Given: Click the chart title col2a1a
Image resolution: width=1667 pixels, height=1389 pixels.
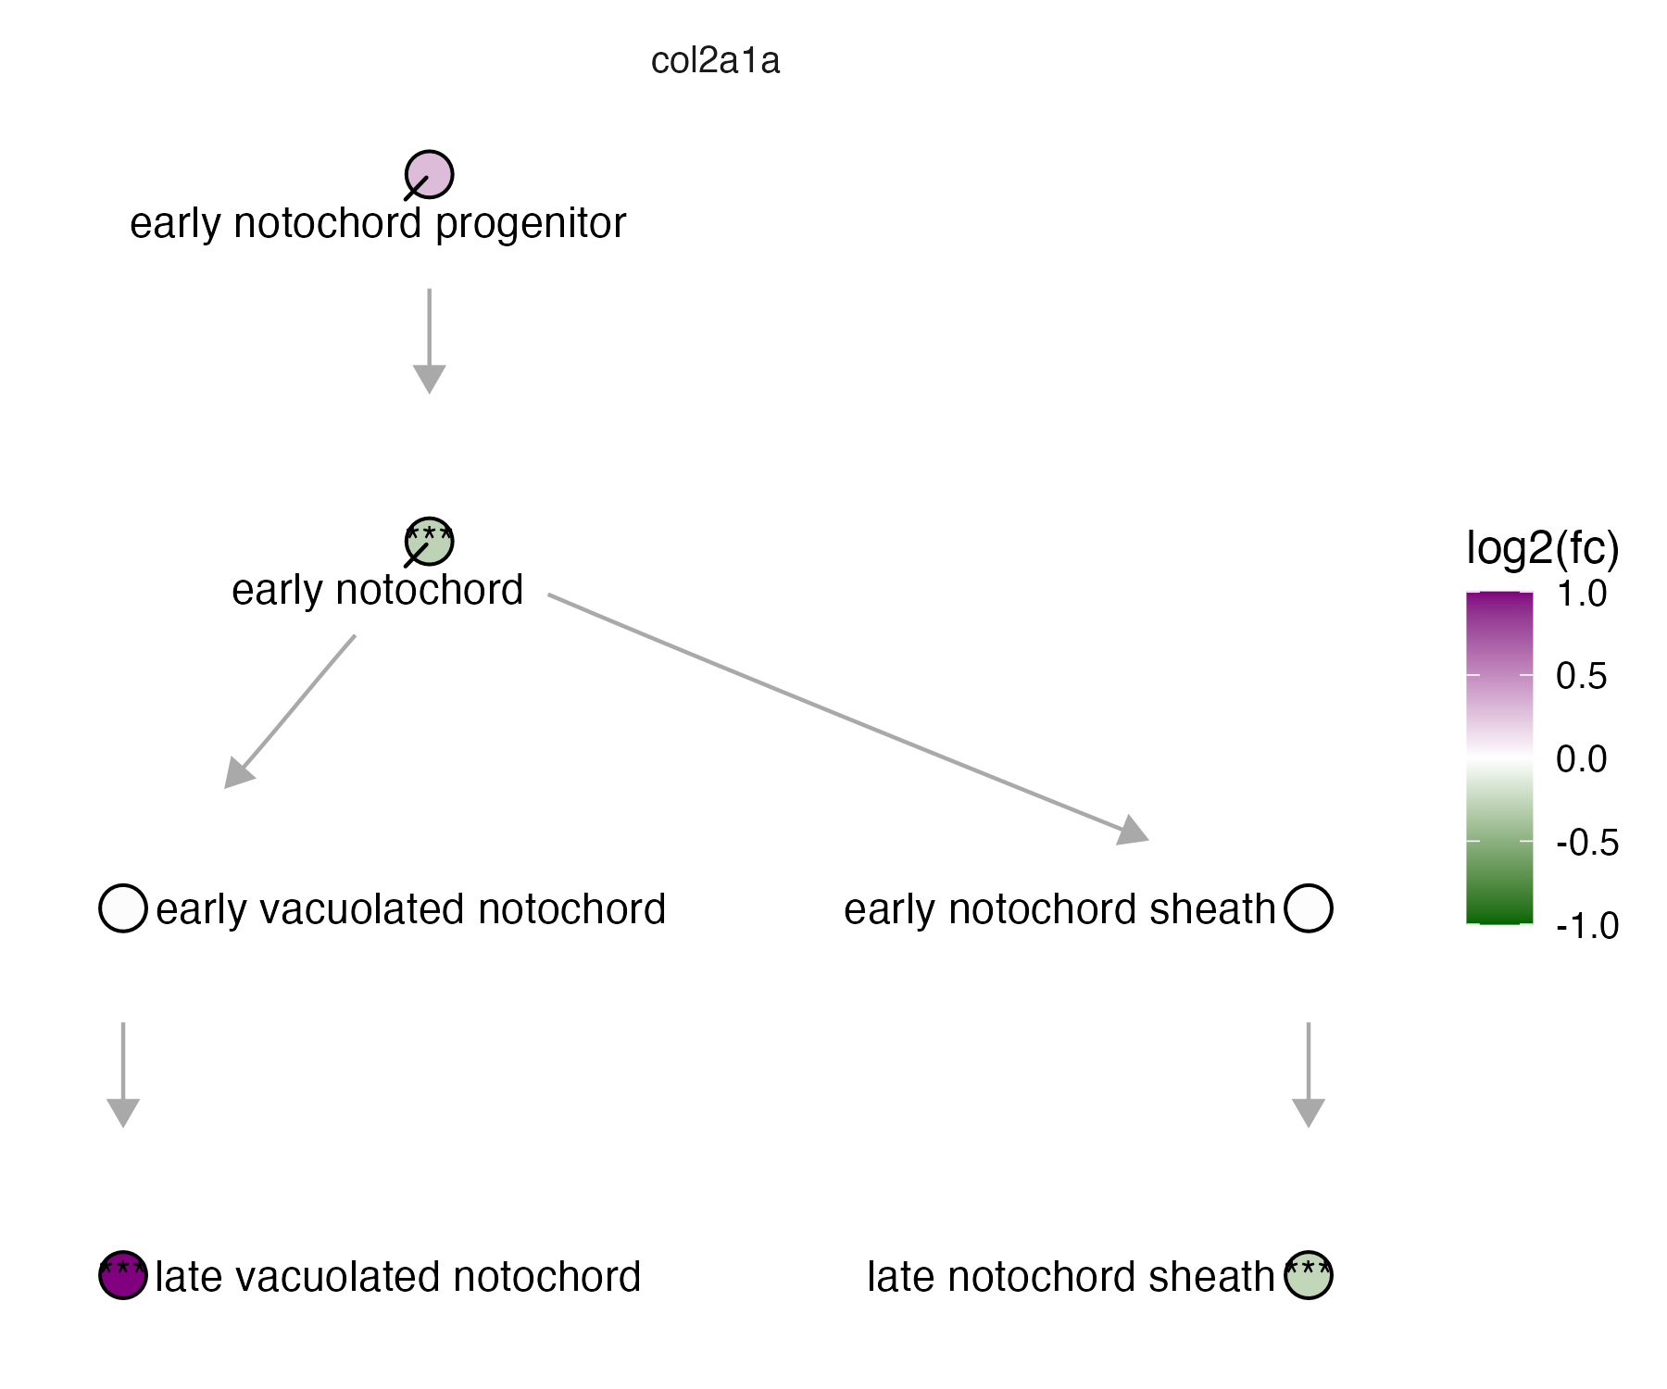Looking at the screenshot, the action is (x=715, y=61).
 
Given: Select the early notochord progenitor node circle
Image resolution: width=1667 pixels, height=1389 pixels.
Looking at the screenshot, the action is (x=430, y=174).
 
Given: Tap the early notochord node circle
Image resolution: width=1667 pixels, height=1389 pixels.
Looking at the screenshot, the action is (x=430, y=542).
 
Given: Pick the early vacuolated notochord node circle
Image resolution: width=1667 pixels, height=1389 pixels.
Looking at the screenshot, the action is (x=123, y=907).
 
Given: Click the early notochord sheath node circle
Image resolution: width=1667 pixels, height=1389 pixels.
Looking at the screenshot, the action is (x=1309, y=907).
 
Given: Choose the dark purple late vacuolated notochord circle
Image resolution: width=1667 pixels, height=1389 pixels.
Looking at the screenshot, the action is (x=123, y=1275).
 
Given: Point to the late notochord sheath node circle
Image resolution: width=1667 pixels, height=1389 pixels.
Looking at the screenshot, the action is (x=1309, y=1275).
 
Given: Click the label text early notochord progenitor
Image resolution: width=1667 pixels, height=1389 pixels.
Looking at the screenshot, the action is (x=378, y=223).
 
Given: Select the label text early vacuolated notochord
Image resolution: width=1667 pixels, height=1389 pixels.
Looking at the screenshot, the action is (x=410, y=909).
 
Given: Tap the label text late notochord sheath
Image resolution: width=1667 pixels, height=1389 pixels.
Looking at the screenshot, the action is (x=1071, y=1277).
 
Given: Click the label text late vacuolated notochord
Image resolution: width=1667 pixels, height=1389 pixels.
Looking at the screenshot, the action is (x=398, y=1277).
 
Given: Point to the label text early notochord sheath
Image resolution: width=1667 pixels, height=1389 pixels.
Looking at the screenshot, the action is (x=1059, y=909).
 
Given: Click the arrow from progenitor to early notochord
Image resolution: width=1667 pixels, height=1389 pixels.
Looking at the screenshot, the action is (x=430, y=342).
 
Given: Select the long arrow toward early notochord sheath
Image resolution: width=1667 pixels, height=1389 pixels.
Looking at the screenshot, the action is (x=848, y=718).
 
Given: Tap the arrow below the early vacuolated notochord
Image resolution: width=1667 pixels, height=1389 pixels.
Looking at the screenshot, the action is (x=123, y=1075).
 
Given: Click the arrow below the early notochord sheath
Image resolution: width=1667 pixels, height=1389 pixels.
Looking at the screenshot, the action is (x=1309, y=1075).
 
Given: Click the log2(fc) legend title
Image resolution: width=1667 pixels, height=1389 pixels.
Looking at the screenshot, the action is (x=1543, y=548).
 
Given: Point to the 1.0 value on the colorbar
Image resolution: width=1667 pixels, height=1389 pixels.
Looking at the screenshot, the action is (x=1582, y=594).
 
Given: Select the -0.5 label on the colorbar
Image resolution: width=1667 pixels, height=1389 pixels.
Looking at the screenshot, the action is (x=1587, y=843).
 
